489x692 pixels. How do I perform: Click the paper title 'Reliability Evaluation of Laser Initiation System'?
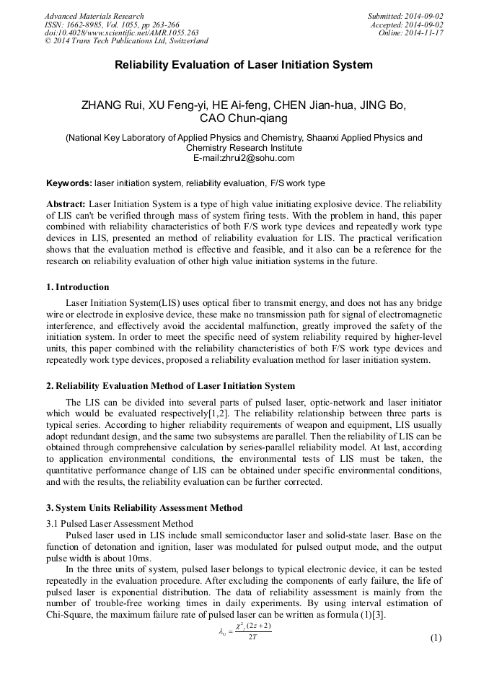244,65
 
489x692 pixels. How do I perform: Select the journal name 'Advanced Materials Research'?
94,16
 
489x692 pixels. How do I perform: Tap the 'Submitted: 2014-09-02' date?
406,16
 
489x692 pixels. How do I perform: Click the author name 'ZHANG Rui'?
113,105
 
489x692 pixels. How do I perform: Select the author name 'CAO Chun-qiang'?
244,118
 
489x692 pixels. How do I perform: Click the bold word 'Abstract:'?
66,204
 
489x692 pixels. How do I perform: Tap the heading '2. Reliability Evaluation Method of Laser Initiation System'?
170,386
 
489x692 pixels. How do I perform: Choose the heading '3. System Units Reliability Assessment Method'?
144,507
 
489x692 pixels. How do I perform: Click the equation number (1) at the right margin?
436,638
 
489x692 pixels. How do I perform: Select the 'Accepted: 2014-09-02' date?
407,24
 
